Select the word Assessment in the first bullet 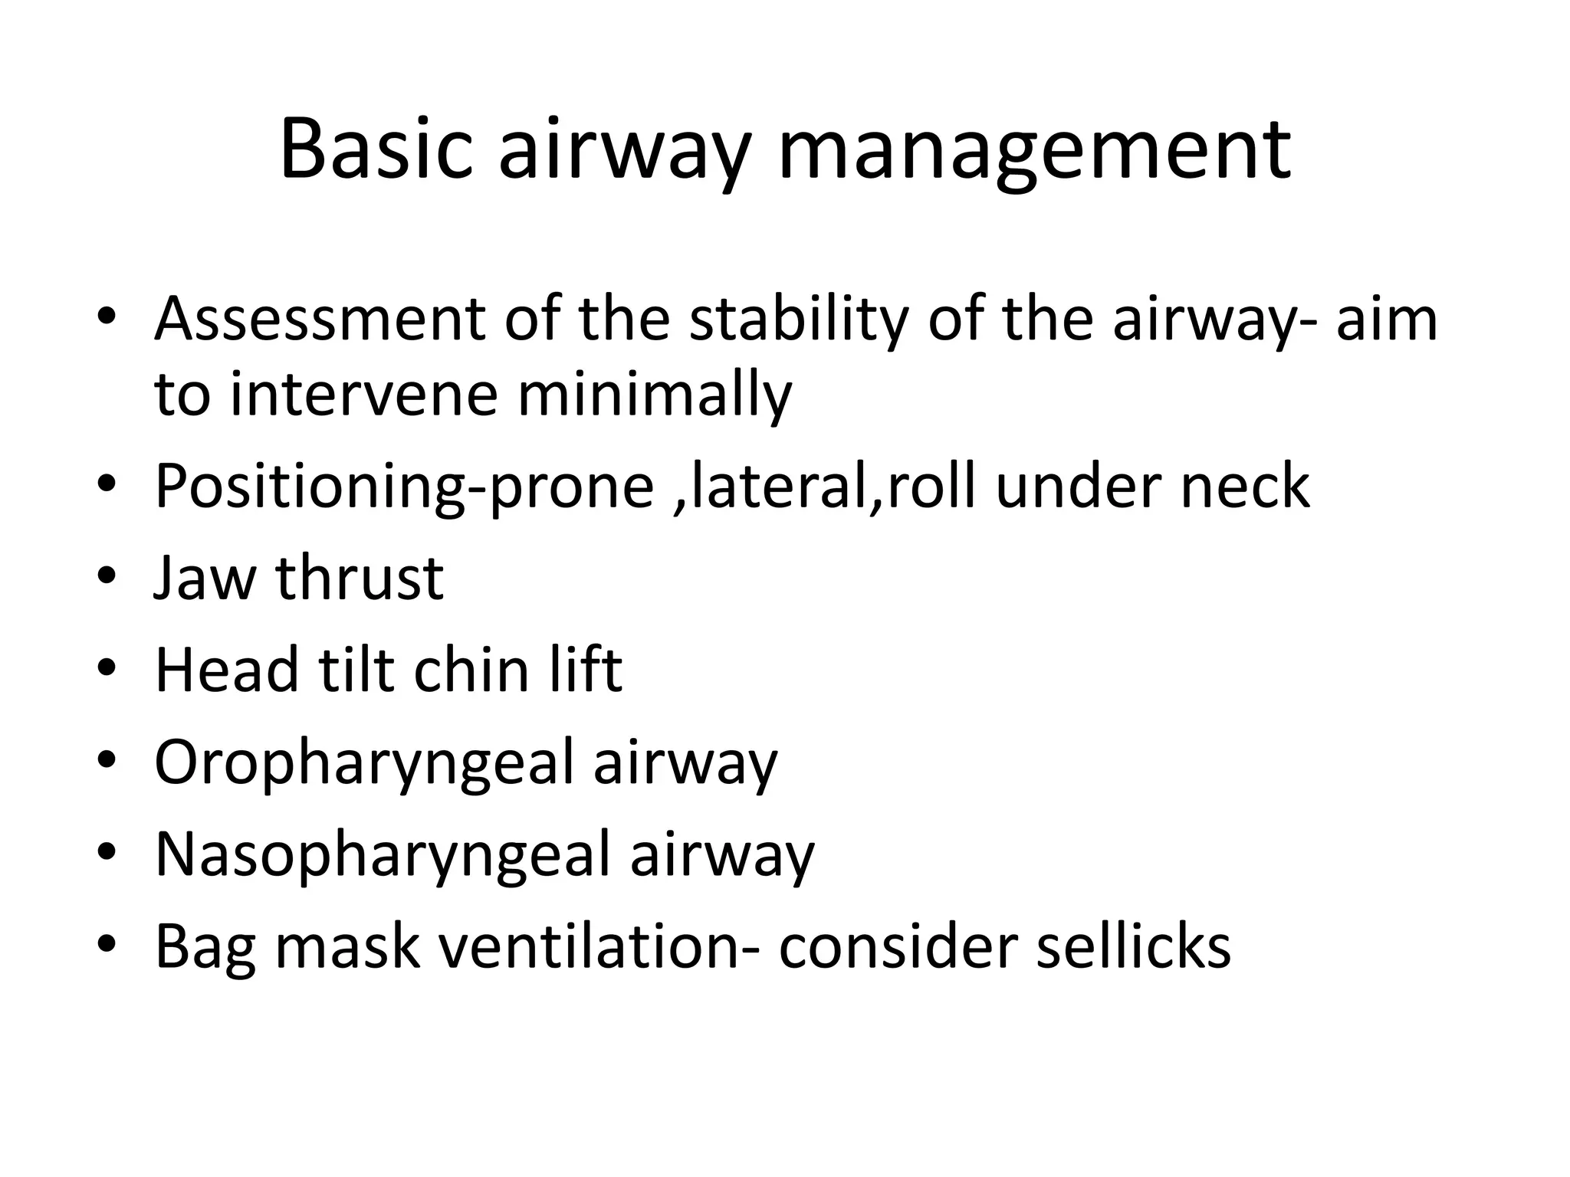pos(320,319)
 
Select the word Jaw pos(204,578)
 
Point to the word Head pos(226,670)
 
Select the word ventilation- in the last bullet pos(601,947)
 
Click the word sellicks pos(1133,947)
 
